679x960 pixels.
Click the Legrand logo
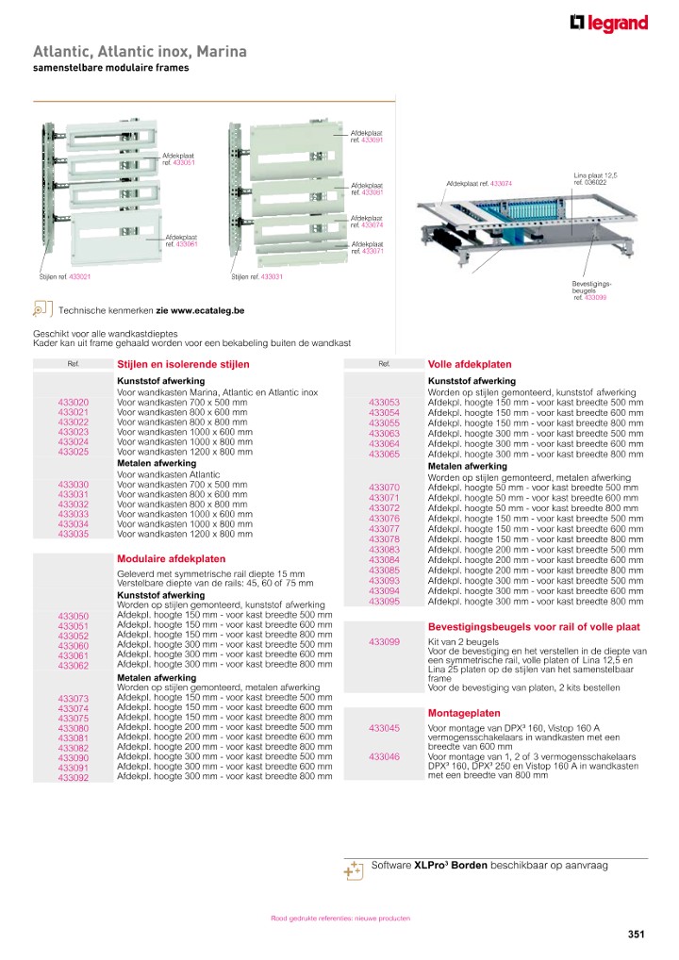click(608, 25)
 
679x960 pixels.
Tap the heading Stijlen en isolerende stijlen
click(182, 364)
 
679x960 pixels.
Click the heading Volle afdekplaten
click(470, 364)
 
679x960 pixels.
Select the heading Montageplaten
click(464, 713)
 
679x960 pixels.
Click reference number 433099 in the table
click(384, 642)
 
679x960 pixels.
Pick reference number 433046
click(384, 756)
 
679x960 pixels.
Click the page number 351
click(636, 935)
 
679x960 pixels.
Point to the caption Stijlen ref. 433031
click(257, 277)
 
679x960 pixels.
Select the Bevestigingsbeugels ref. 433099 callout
click(591, 290)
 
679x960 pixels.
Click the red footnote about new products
click(340, 918)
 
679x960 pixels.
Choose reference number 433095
click(384, 602)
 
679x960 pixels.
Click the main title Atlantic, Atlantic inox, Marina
click(140, 51)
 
